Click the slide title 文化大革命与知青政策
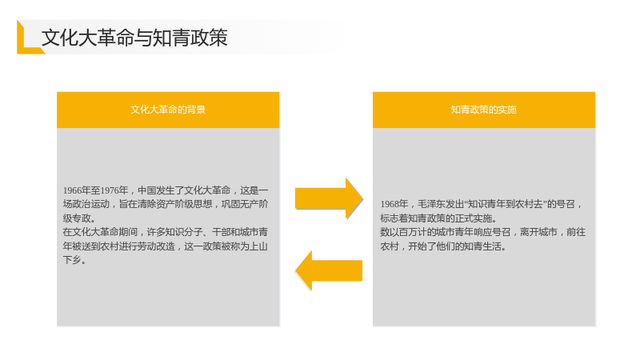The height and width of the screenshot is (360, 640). coord(134,38)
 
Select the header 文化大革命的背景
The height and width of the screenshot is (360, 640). coord(168,110)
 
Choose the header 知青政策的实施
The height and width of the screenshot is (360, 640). coord(484,110)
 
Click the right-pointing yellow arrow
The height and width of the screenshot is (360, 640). coord(329,198)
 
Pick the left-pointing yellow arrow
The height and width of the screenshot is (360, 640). coord(329,270)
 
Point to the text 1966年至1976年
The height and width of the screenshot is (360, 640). coord(95,190)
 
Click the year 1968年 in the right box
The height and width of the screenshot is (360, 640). coord(394,204)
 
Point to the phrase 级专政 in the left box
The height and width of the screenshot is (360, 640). coord(77,218)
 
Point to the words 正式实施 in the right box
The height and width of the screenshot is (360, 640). coord(474,218)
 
